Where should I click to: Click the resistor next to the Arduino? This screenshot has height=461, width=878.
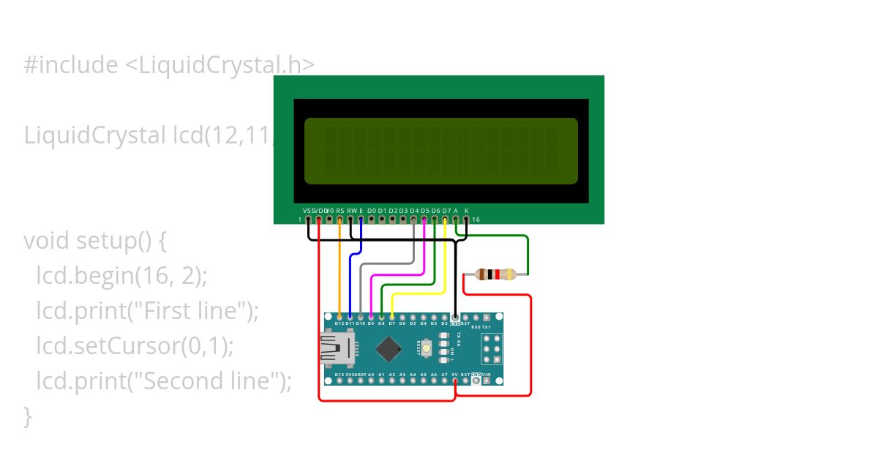(495, 274)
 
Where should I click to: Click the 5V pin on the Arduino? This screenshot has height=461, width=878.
(455, 380)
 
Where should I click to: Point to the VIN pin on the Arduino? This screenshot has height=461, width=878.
(487, 380)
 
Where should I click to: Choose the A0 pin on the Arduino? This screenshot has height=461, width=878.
(371, 380)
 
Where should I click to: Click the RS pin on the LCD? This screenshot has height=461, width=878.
(340, 219)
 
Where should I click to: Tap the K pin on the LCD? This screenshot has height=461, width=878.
(466, 219)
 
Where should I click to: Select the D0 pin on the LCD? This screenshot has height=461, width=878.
(372, 219)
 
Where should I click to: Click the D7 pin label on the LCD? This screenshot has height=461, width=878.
(446, 210)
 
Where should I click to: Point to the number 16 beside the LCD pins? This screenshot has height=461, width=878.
(476, 219)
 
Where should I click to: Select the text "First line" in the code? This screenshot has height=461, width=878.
(190, 310)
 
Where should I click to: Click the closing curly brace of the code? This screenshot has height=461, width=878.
(28, 416)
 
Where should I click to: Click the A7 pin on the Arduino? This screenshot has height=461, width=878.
(444, 380)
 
